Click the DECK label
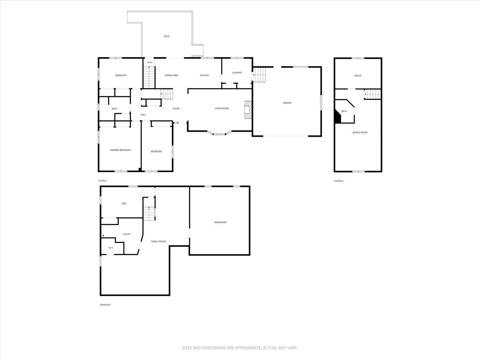click(x=167, y=36)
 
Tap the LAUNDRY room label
click(x=237, y=73)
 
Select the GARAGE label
click(x=287, y=103)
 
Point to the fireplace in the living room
click(x=248, y=110)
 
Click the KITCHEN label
click(x=204, y=76)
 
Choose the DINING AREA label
click(x=172, y=76)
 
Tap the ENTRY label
click(x=150, y=62)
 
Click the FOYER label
click(x=176, y=108)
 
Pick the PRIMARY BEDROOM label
click(x=121, y=150)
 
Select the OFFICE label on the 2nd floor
click(x=358, y=76)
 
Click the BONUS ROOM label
click(x=360, y=132)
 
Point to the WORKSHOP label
click(x=220, y=222)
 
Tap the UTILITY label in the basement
click(x=127, y=234)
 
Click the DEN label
click(x=124, y=204)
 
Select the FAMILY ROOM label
click(x=158, y=242)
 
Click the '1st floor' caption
click(x=102, y=181)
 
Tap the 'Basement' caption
click(x=105, y=305)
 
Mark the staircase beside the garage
click(x=259, y=75)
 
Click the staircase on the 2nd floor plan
click(x=372, y=94)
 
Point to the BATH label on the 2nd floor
click(x=344, y=111)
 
